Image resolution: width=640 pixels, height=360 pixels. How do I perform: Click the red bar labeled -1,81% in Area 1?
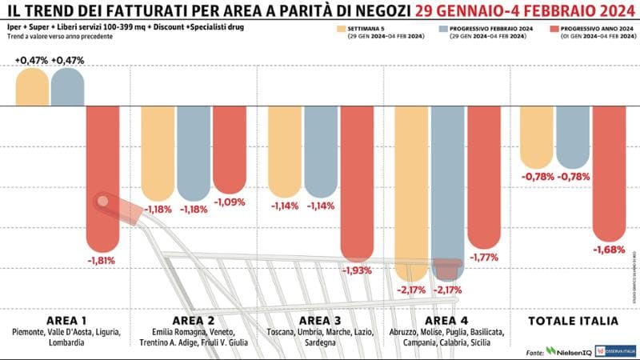[103, 176]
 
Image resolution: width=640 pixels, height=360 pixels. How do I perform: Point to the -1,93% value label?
[357, 271]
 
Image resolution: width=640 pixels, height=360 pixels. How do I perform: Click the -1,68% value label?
[609, 250]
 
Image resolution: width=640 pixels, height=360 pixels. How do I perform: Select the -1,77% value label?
[484, 258]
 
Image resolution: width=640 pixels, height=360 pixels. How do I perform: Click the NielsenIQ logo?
[574, 350]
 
